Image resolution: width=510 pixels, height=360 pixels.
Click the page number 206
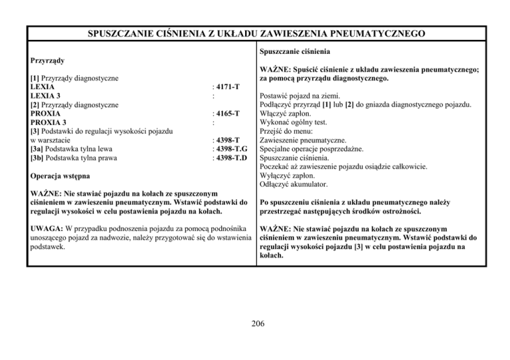[255, 324]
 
